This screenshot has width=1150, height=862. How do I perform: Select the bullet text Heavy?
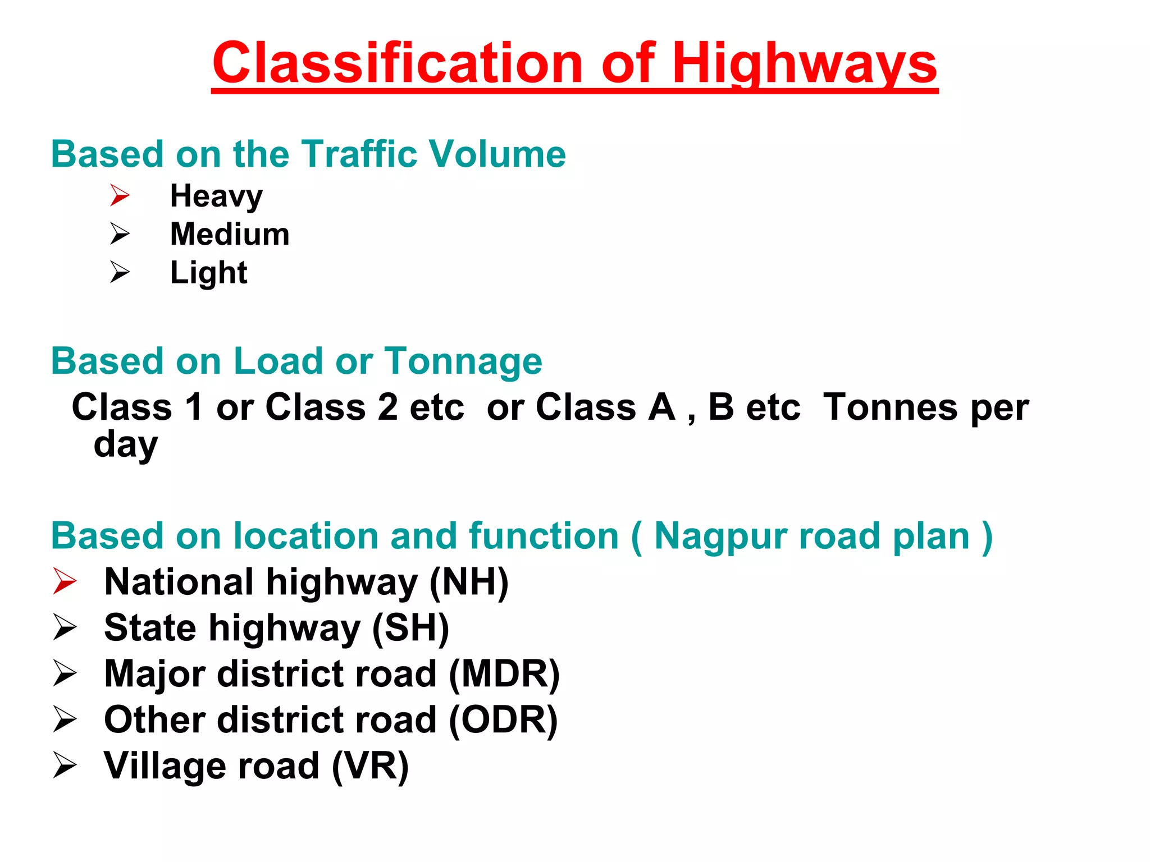coord(216,196)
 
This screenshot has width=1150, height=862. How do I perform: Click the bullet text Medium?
coord(230,235)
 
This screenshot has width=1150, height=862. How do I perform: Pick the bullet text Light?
coord(208,273)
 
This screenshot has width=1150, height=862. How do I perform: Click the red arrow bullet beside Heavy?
coord(120,195)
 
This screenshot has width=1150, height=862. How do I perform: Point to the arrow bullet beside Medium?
coord(120,233)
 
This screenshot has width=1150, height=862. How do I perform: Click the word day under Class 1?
coord(126,444)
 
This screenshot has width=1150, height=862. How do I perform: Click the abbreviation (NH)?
coord(469,582)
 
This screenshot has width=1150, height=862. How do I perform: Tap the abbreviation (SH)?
coord(410,628)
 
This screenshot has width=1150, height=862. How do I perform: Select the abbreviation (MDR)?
coord(504,674)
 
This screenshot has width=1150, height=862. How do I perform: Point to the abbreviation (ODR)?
coord(503,720)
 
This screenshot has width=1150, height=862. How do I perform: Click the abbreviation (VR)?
coord(370,766)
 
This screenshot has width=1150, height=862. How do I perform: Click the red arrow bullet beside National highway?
coord(65,581)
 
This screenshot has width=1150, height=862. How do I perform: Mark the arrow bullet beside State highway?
coord(65,627)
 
